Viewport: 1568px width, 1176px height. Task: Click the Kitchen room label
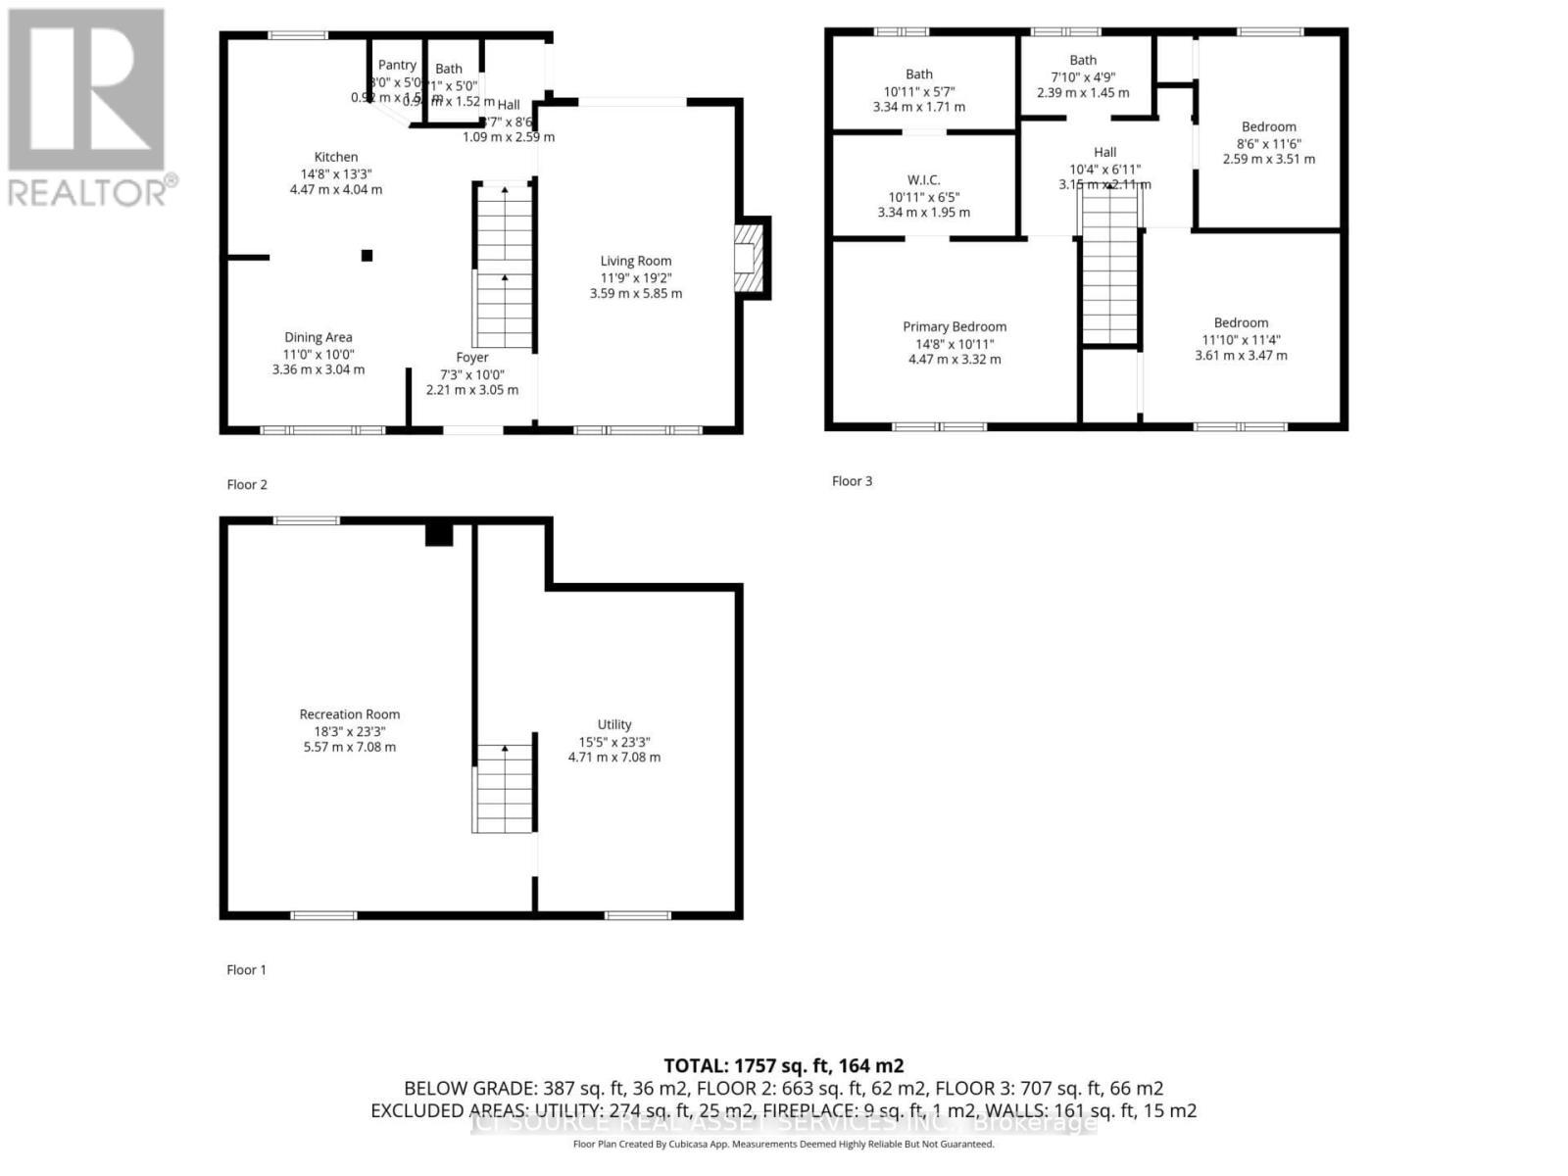point(336,157)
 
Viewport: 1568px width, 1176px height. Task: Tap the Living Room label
point(636,261)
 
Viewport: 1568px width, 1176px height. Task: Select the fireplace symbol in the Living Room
point(750,258)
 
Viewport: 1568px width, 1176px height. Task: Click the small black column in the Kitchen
point(367,256)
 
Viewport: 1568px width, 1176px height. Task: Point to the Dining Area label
point(318,337)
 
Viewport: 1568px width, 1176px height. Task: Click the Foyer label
point(472,358)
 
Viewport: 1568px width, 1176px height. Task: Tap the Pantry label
point(397,65)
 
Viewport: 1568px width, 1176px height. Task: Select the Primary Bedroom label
point(955,326)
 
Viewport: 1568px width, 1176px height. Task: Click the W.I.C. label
point(923,179)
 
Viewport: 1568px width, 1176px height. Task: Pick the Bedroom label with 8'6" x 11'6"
point(1268,126)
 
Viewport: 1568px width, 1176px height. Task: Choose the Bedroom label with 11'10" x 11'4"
point(1241,322)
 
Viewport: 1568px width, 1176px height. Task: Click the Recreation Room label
point(350,714)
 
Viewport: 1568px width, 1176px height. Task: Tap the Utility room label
point(614,724)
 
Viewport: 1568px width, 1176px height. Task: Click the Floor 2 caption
point(247,484)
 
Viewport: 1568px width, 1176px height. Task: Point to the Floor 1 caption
point(247,969)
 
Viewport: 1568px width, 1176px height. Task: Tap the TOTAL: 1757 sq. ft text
point(783,1065)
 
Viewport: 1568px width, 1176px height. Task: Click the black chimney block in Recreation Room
point(439,534)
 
